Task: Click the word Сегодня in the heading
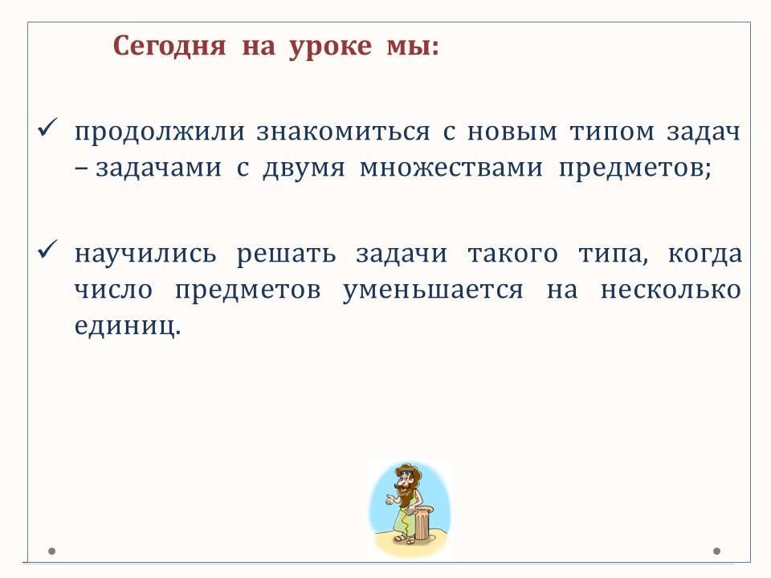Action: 169,47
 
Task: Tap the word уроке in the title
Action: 330,47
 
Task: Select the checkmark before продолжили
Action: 47,128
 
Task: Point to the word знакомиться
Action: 343,132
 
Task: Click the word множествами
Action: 451,168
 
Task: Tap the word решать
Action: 286,254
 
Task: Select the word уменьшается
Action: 433,290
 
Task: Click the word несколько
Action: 671,289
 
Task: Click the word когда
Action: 704,254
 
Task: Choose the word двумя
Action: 304,169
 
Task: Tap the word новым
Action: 512,132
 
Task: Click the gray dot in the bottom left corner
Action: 51,552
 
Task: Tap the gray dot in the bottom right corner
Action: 716,552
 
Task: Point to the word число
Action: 113,290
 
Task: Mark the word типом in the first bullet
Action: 612,132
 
